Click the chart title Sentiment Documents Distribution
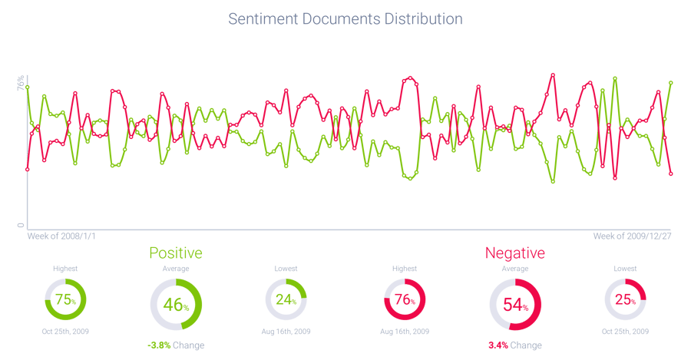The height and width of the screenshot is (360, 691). tap(345, 18)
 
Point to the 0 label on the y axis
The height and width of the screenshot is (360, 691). tap(21, 225)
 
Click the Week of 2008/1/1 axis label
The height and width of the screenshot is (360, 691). tap(61, 236)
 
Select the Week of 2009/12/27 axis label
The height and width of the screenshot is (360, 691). tap(633, 236)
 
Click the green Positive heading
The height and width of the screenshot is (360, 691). tap(176, 253)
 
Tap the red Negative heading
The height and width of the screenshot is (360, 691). tap(514, 253)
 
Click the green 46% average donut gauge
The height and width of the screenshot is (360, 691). tap(176, 305)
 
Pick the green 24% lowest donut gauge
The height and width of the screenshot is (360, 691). tap(286, 299)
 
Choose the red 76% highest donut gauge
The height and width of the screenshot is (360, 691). tap(404, 299)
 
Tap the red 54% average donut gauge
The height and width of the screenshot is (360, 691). tap(514, 305)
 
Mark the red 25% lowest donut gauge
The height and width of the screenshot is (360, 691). tap(625, 299)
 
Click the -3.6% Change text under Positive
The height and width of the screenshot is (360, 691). tap(176, 345)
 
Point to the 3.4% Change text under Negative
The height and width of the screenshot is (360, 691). tap(514, 345)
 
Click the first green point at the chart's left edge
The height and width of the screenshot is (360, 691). tap(28, 88)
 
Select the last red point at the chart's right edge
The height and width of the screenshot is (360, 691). tap(671, 174)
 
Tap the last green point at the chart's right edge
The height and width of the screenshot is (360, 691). tap(671, 82)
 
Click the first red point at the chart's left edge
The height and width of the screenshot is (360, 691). tap(28, 168)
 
